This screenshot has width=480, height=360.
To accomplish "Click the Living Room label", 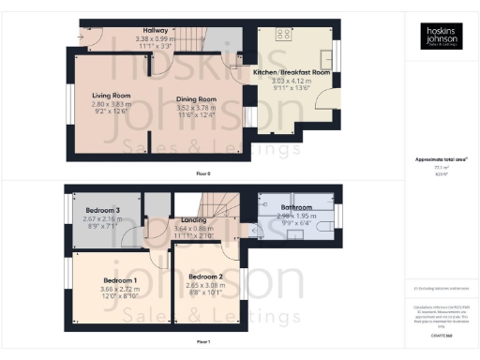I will [111, 95].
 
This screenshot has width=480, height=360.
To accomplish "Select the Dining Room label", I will [195, 98].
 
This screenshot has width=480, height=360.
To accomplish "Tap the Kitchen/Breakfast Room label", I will [292, 71].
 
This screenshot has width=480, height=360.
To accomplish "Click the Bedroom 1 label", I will [121, 280].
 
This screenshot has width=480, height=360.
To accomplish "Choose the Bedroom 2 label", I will [204, 277].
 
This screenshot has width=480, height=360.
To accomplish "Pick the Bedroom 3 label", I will [103, 209].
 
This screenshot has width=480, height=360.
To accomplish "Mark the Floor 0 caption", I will [202, 173].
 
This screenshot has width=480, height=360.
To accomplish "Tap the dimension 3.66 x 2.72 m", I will [121, 289].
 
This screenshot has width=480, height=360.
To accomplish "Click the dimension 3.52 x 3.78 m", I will [195, 107].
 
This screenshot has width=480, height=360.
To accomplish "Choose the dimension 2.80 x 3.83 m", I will [111, 103].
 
